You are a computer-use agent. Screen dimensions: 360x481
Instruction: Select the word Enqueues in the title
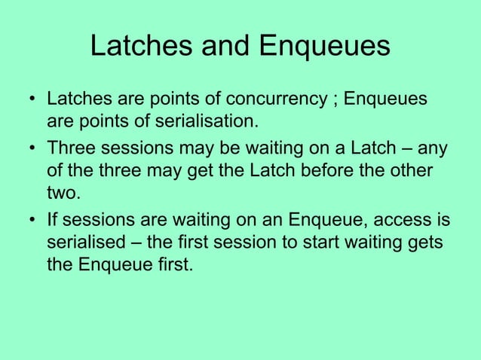coord(325,47)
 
